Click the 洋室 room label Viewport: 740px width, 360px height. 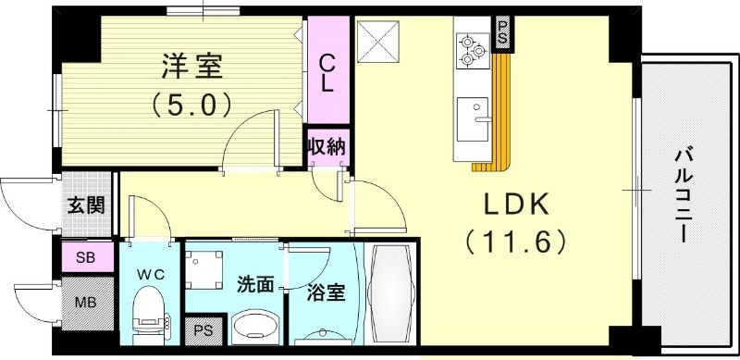tap(191, 68)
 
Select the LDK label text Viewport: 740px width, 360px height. tap(514, 205)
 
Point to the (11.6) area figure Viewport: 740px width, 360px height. tap(514, 242)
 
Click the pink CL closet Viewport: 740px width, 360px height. tap(327, 71)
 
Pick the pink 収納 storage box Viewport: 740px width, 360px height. tap(327, 145)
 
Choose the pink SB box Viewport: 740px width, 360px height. tap(86, 257)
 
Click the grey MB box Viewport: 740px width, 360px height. tap(86, 301)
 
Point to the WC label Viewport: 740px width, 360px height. tap(150, 274)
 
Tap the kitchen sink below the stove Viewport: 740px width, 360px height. tap(473, 116)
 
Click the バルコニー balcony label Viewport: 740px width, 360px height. tap(684, 194)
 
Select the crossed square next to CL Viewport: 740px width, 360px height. tap(376, 39)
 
